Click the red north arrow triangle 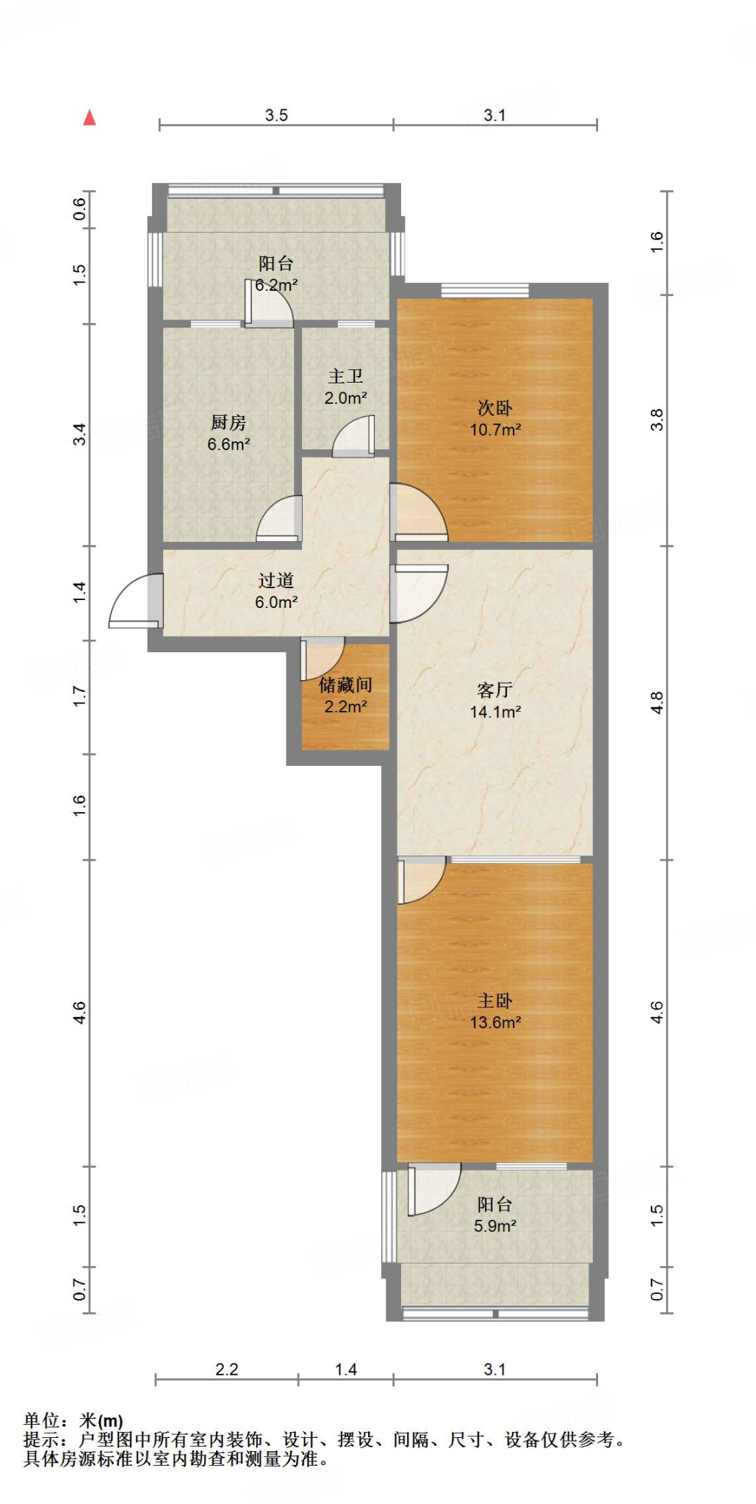89,117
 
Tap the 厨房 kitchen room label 228,422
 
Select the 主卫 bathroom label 345,376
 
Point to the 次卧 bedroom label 495,408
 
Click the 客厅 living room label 495,690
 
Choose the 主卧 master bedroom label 495,1000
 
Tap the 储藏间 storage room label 345,684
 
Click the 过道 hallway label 276,580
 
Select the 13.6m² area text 495,1022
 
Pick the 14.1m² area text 495,712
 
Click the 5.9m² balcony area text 495,1226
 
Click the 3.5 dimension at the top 276,115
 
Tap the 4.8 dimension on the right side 658,703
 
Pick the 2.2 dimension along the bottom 227,1369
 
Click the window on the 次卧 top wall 485,290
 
